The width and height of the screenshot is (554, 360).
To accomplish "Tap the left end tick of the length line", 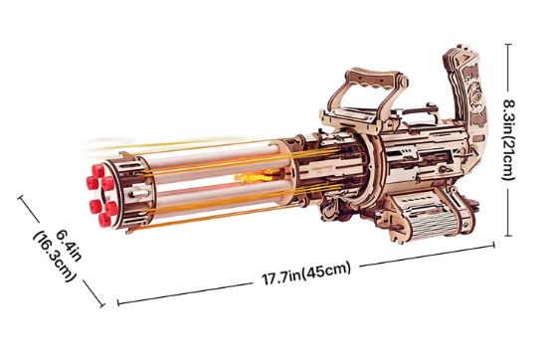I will click(x=117, y=302).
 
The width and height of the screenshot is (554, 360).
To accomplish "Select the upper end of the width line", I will click(x=22, y=196).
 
